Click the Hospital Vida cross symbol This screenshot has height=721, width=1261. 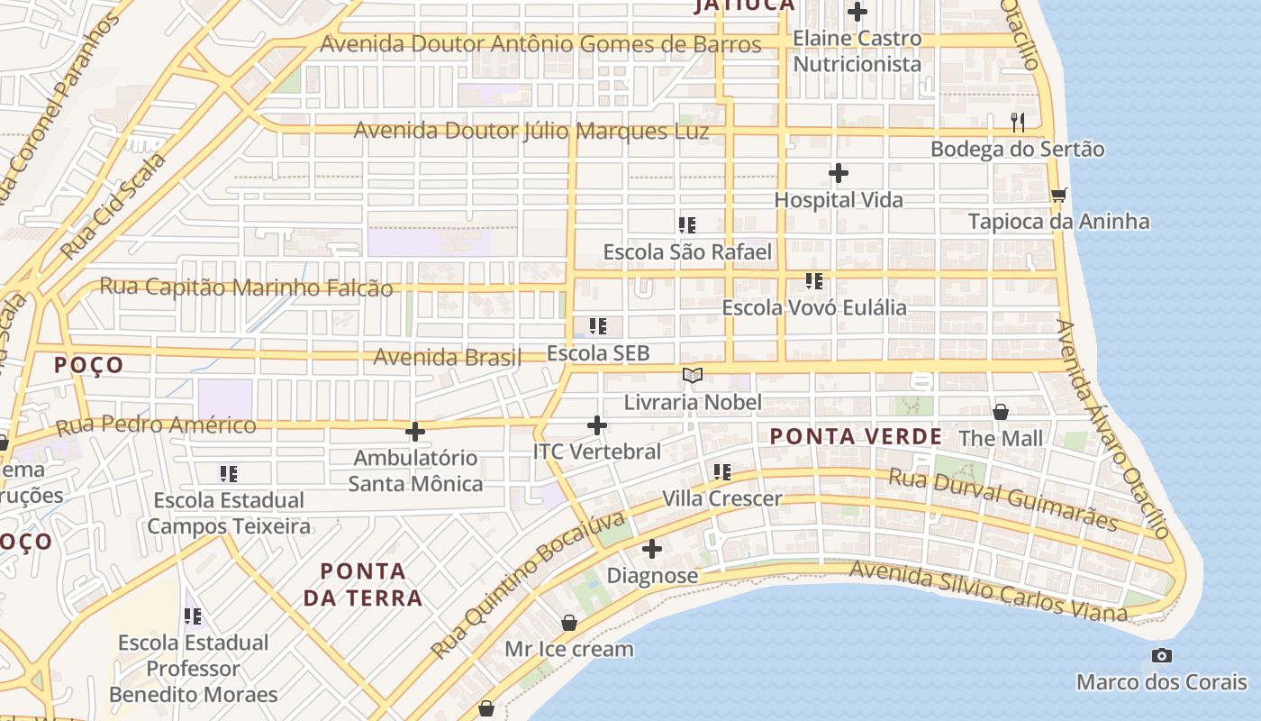point(839,173)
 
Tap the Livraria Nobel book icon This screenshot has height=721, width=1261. point(692,376)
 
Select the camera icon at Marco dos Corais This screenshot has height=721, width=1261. point(1162,655)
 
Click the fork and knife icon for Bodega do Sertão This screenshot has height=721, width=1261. point(1018,123)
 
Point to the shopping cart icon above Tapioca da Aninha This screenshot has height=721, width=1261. point(1059,195)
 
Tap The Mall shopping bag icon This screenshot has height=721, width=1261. point(1000,413)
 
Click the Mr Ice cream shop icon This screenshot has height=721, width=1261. point(568,623)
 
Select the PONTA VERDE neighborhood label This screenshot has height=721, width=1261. point(856,437)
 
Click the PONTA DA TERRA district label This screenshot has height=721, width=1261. point(363,584)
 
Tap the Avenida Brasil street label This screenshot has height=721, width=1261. point(448,357)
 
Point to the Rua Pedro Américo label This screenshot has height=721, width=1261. point(156,424)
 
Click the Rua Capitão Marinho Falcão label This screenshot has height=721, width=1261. point(246,287)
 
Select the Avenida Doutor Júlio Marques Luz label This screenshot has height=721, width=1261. point(531,131)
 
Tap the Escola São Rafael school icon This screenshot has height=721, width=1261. point(687,225)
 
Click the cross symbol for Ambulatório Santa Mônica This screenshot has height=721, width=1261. point(414,432)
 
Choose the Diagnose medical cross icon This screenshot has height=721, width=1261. point(652,548)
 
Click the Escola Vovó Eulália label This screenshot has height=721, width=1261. point(814,307)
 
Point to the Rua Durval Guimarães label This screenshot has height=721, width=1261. point(1003,498)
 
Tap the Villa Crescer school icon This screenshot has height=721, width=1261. point(721,472)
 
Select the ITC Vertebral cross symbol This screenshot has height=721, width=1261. point(596,425)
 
